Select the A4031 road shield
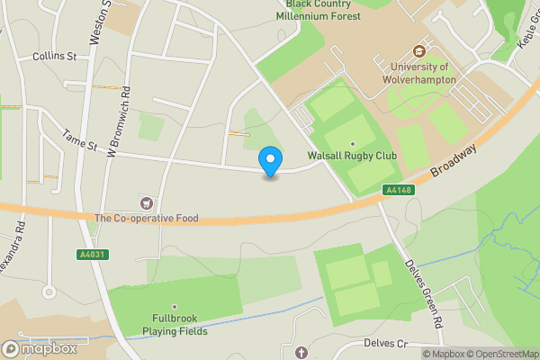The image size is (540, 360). (86, 256)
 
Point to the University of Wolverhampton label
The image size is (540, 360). (423, 73)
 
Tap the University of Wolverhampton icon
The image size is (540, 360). (418, 50)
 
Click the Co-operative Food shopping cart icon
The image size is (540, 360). (146, 202)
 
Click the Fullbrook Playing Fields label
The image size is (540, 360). (175, 325)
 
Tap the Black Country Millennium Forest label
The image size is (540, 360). (318, 10)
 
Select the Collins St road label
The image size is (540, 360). (54, 56)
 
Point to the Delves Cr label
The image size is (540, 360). (385, 344)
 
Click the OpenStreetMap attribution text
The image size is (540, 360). (505, 354)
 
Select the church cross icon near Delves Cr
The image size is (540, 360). (301, 351)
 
